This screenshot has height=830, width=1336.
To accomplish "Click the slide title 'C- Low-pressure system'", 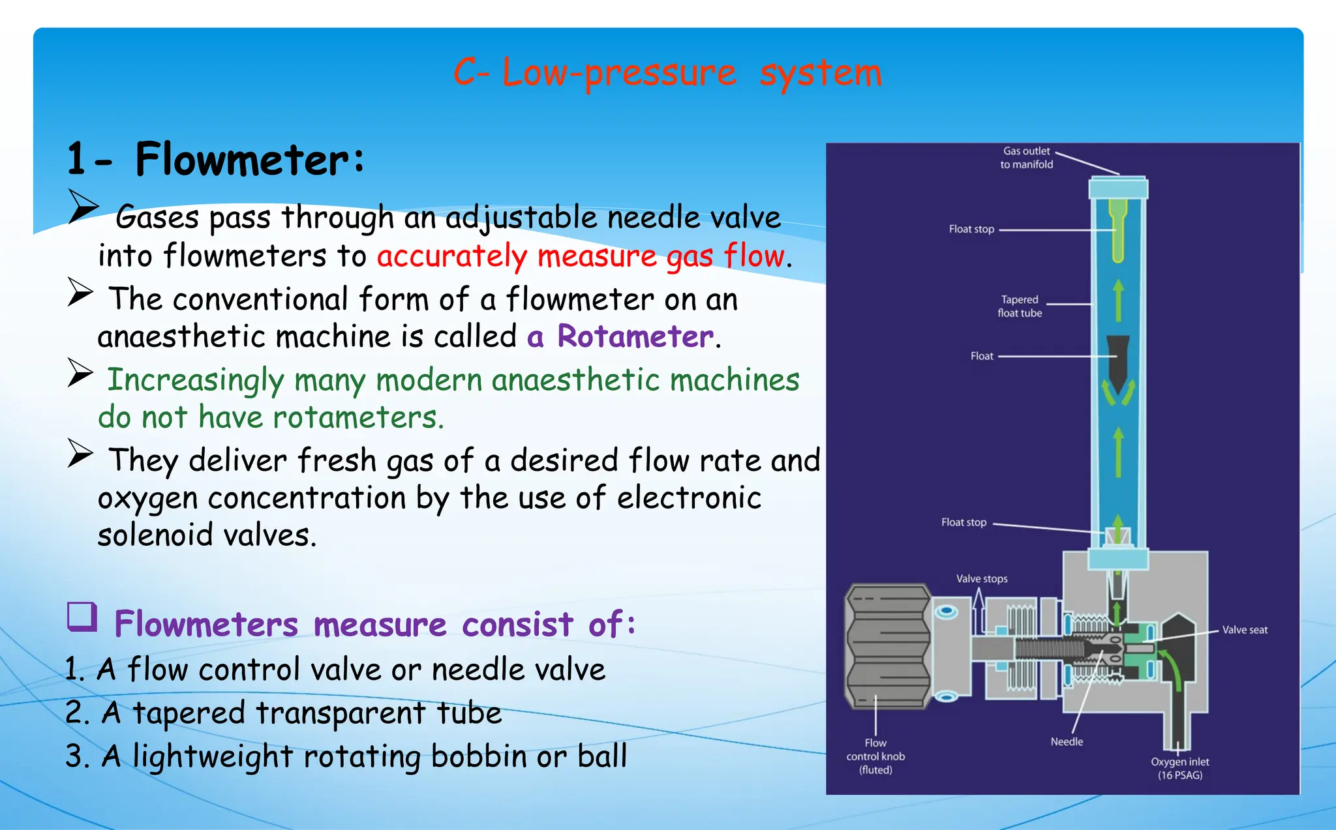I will click(667, 72).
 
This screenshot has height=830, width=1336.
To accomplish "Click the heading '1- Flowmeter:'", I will click(215, 160).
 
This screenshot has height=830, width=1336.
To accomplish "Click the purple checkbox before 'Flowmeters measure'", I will click(82, 617).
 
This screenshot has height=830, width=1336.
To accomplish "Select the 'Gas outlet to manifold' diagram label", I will click(1026, 158).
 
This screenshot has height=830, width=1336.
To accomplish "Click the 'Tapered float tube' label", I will click(1020, 306).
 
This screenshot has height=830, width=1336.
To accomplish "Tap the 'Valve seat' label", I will click(1244, 630).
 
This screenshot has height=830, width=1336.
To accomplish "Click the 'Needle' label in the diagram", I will click(1067, 741).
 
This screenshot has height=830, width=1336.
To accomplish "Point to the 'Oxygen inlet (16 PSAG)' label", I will click(1179, 768).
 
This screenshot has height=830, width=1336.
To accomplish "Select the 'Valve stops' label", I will click(981, 578).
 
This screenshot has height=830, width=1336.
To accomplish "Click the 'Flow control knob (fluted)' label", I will click(875, 756).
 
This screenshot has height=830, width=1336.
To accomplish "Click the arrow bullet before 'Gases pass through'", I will click(83, 207).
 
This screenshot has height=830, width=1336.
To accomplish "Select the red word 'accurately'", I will click(451, 256).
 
